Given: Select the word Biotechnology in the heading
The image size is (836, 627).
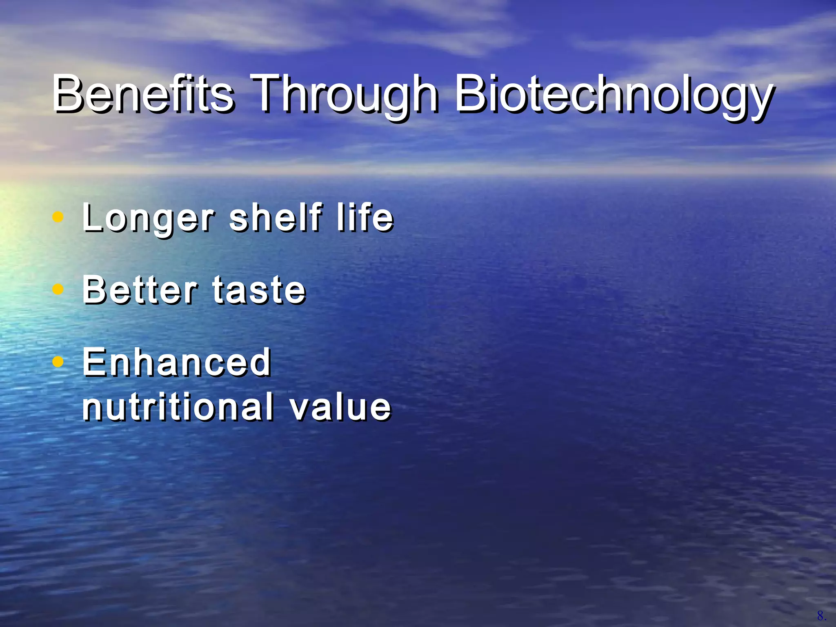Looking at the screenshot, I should pyautogui.click(x=612, y=96).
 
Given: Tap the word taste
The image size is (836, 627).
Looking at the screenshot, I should pyautogui.click(x=259, y=291).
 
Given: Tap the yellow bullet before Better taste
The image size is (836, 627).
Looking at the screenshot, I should pyautogui.click(x=58, y=289).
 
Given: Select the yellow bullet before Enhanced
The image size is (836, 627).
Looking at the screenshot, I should pyautogui.click(x=58, y=362).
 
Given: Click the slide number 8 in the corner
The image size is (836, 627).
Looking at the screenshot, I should pyautogui.click(x=821, y=616).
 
